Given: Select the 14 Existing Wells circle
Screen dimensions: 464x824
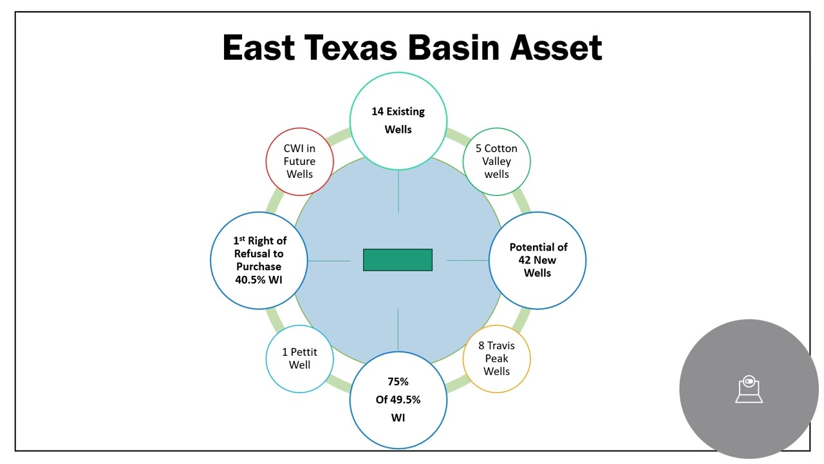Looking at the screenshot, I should (398, 121).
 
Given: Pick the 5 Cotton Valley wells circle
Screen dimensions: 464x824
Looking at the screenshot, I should (496, 161).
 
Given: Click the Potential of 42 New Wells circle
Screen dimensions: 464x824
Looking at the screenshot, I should (538, 260).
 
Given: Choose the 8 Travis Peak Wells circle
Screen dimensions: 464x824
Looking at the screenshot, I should (496, 358).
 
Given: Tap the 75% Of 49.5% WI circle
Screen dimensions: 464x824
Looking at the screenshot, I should (398, 400).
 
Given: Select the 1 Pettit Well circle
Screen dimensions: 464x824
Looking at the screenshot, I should (299, 358).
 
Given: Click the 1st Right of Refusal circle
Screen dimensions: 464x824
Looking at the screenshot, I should (259, 260).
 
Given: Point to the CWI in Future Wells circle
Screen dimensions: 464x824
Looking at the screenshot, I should (299, 161).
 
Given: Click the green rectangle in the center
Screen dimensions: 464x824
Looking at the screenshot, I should (398, 260).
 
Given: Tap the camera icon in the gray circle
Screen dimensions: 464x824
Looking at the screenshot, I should (749, 389).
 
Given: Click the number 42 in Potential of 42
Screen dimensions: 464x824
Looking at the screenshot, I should (525, 260).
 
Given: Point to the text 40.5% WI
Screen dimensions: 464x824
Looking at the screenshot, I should (259, 280).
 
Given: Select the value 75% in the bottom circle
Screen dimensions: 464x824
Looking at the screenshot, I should (398, 382).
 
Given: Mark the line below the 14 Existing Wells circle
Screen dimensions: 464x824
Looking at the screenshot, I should (398, 191).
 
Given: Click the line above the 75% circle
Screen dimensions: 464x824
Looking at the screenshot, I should (398, 329).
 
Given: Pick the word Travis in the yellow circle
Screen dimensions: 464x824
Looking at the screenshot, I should (501, 346).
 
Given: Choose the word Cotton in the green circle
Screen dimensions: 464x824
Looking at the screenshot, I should (501, 148).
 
